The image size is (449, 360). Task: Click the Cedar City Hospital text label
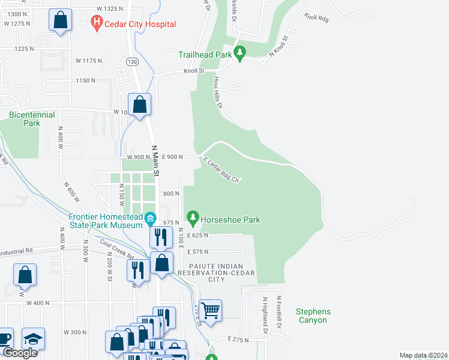point(140,24)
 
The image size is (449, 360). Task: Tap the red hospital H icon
point(95,24)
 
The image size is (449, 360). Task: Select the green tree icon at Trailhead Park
point(240,54)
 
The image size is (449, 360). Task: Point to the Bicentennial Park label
point(32,119)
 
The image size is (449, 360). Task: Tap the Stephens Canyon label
point(313,316)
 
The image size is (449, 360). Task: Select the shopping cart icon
point(211,310)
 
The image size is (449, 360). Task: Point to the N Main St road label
point(155,161)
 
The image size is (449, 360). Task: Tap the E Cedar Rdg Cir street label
point(221,170)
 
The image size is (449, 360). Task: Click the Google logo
point(19,353)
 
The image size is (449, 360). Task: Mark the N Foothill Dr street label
point(279,311)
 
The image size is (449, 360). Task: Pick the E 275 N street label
point(238,340)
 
